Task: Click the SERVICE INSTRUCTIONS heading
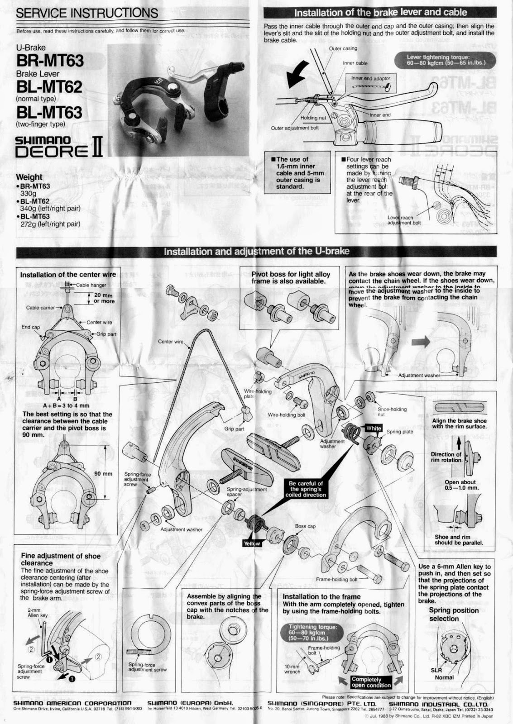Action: click(x=87, y=13)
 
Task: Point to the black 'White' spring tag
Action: click(x=374, y=428)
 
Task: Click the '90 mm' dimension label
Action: click(x=103, y=474)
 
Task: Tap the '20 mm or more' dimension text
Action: click(x=104, y=298)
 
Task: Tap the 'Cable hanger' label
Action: click(x=91, y=285)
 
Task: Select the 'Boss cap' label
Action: click(x=305, y=526)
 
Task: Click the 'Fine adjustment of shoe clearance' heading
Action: click(x=61, y=559)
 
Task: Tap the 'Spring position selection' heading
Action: click(x=454, y=614)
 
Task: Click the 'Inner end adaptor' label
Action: click(x=370, y=78)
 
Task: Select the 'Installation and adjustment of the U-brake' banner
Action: click(x=256, y=251)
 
